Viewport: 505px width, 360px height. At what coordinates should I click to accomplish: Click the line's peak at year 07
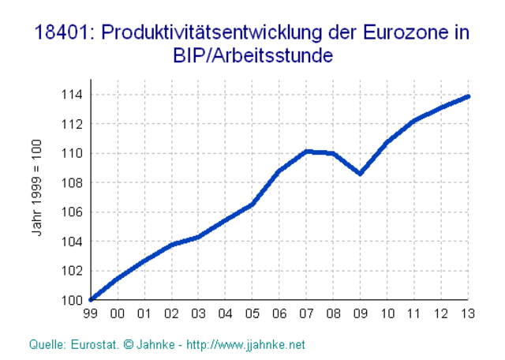(x=307, y=151)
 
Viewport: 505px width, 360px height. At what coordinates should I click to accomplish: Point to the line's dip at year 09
(x=361, y=174)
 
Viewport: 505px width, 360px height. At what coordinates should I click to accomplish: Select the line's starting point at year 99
(x=92, y=299)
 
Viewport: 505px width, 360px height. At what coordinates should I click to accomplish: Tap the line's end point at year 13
(x=469, y=96)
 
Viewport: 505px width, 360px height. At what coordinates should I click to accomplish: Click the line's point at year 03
(x=199, y=237)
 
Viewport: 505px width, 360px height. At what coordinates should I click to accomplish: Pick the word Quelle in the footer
(x=46, y=345)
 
